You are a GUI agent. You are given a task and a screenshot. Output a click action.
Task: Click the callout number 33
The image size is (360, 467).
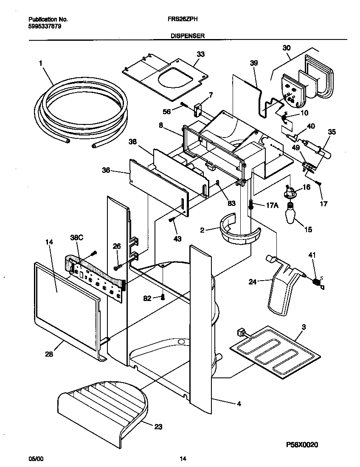click(x=200, y=54)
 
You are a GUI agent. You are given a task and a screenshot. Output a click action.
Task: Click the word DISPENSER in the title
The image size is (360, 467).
click(x=188, y=37)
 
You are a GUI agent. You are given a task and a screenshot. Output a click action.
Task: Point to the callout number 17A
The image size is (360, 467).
click(x=272, y=205)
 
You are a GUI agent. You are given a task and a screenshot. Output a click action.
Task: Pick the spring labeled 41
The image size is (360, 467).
click(x=316, y=282)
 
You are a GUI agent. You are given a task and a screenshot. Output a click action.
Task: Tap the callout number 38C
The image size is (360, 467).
click(x=76, y=239)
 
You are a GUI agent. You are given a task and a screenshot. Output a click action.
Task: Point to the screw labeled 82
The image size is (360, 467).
click(x=162, y=297)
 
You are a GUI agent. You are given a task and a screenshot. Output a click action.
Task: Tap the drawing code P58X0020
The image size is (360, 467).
click(x=302, y=444)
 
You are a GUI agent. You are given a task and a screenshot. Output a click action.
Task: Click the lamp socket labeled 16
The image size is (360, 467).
click(x=290, y=192)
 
